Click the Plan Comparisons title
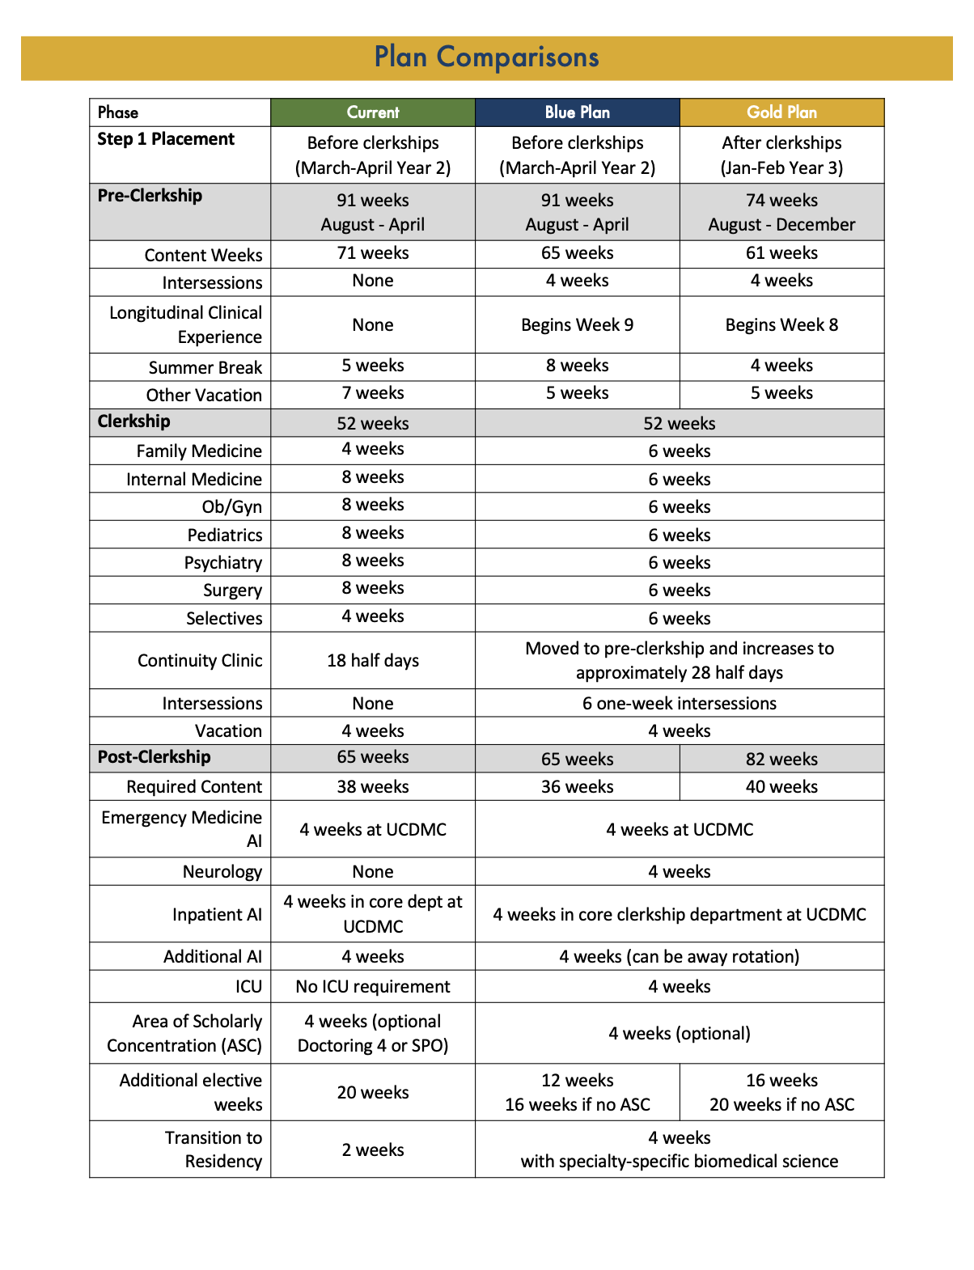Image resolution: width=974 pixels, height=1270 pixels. (486, 57)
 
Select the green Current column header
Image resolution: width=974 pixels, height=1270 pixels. (373, 112)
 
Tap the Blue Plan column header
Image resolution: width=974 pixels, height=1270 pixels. (577, 112)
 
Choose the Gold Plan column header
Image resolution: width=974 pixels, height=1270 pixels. (781, 112)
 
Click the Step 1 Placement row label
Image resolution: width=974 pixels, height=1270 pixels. (166, 139)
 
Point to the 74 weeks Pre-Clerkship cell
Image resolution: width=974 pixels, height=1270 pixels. (781, 212)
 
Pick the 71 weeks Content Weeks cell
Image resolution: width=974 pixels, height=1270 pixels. (373, 253)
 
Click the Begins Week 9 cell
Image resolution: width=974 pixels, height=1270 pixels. (577, 324)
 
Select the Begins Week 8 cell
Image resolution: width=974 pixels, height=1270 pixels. (781, 324)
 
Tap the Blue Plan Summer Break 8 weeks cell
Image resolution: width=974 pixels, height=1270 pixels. (577, 366)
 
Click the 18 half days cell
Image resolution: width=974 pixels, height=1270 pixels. (373, 660)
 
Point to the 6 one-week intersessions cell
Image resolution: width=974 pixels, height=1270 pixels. (679, 703)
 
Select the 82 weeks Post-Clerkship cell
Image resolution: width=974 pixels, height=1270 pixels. (781, 759)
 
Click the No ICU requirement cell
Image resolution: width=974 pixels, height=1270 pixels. (373, 986)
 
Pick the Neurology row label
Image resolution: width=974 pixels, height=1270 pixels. (222, 871)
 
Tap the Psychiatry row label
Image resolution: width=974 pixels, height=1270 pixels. (222, 562)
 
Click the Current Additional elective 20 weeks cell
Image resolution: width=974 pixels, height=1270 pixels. (373, 1092)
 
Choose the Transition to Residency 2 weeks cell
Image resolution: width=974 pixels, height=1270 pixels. (373, 1149)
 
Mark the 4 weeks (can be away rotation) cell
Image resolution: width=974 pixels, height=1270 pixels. (679, 956)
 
